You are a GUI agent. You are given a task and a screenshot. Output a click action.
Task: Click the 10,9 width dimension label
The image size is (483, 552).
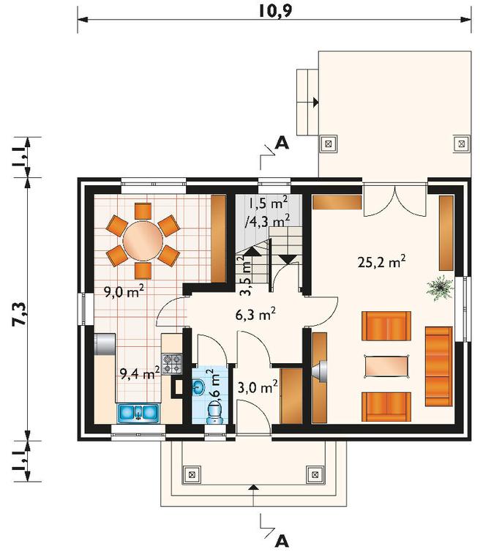pyautogui.click(x=275, y=11)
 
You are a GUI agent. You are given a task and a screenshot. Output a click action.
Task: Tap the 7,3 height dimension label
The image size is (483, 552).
pyautogui.click(x=19, y=313)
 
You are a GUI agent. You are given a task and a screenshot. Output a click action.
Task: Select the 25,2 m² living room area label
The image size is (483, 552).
pyautogui.click(x=382, y=261)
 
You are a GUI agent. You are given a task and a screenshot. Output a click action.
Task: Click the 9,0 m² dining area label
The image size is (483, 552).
pyautogui.click(x=124, y=291)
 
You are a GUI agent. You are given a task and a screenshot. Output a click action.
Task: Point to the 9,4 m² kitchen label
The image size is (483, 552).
pyautogui.click(x=140, y=373)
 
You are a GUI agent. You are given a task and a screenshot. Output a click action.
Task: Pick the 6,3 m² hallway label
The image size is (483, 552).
pyautogui.click(x=255, y=314)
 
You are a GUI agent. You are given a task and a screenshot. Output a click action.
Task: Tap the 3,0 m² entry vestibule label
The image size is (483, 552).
pyautogui.click(x=258, y=387)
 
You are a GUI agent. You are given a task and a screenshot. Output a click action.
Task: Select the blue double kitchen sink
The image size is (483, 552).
pyautogui.click(x=138, y=413)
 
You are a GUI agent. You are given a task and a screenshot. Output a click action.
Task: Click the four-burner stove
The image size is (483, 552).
pyautogui.click(x=172, y=364)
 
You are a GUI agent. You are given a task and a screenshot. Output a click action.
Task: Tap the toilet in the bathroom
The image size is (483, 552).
pyautogui.click(x=214, y=414)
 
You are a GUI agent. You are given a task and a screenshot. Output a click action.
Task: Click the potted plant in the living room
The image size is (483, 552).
pyautogui.click(x=440, y=288)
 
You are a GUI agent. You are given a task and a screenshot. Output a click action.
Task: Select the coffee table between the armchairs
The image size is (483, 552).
pyautogui.click(x=386, y=367)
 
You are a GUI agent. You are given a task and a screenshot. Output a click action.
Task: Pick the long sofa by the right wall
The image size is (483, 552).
pyautogui.click(x=438, y=366)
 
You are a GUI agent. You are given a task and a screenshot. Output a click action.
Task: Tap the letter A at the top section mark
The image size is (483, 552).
pyautogui.click(x=282, y=143)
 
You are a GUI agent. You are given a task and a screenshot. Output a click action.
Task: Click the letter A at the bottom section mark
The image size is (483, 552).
pyautogui.click(x=282, y=541)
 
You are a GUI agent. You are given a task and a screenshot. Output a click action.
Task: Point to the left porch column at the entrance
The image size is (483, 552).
pyautogui.click(x=192, y=474)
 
